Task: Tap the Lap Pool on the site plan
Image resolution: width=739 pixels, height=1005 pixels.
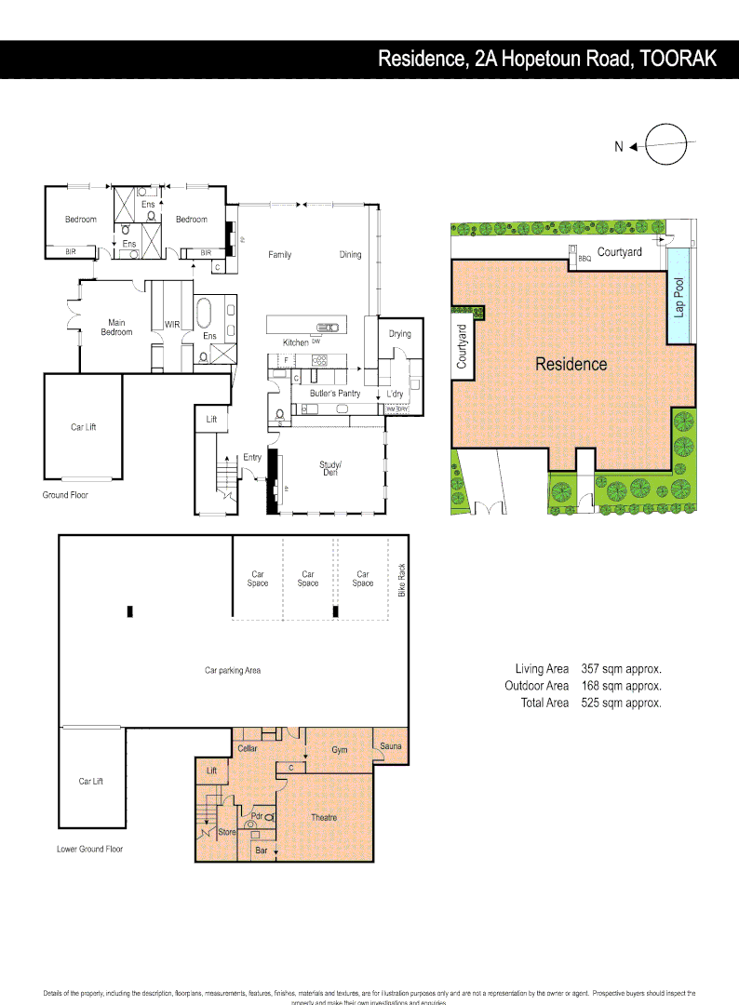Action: click(679, 296)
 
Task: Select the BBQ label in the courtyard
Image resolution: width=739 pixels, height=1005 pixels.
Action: click(584, 258)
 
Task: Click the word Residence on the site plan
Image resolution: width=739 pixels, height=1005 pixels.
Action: click(571, 364)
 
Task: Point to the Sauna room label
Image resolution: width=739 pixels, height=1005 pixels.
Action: click(391, 745)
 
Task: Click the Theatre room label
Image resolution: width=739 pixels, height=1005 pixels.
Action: click(324, 817)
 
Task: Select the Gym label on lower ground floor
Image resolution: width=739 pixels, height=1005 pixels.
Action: click(340, 749)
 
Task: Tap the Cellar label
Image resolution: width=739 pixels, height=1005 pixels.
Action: click(248, 748)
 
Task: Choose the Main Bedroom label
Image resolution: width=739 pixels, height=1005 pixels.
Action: click(116, 328)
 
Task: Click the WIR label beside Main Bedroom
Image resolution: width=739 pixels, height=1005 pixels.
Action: click(172, 325)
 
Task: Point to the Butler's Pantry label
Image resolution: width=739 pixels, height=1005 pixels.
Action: click(335, 394)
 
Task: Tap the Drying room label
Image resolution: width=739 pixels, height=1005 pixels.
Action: click(399, 334)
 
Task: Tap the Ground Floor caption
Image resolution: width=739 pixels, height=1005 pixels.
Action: click(65, 495)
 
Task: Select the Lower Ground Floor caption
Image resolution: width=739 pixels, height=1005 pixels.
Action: click(89, 849)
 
